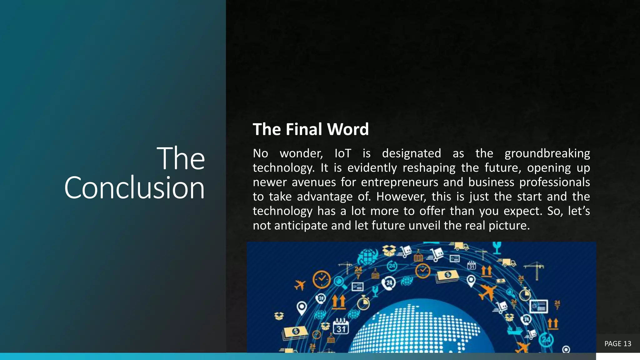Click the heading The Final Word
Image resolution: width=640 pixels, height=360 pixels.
311,129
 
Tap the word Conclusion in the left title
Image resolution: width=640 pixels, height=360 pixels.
134,187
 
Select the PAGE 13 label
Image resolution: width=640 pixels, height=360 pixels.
617,344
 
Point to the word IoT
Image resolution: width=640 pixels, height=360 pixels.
343,153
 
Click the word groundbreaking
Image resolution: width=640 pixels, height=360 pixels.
547,153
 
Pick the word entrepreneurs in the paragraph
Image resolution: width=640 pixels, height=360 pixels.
400,182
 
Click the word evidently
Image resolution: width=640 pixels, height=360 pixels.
372,168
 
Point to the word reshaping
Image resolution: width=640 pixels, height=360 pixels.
429,168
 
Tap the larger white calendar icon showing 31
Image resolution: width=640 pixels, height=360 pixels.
341,326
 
